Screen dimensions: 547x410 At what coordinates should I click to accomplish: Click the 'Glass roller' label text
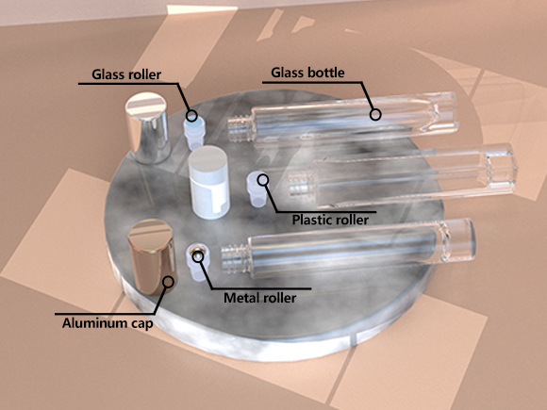[x=126, y=74]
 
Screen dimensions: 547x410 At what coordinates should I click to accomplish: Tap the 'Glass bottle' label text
[x=307, y=73]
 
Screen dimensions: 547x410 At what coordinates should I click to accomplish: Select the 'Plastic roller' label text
[x=330, y=220]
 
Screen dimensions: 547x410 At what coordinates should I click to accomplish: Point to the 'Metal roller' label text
[x=260, y=298]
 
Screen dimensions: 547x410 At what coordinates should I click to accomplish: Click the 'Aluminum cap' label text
[x=108, y=323]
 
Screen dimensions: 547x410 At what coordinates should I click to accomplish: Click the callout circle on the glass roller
[x=191, y=115]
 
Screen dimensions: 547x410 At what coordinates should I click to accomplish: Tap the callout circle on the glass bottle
[x=375, y=114]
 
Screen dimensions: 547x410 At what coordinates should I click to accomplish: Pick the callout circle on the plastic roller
[x=263, y=180]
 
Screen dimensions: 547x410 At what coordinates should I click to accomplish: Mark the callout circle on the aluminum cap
[x=169, y=282]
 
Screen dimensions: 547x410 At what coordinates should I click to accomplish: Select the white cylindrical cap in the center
[x=208, y=182]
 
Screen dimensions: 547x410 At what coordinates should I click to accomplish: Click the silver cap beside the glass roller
[x=148, y=127]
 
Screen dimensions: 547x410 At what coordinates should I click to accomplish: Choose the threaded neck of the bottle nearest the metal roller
[x=236, y=258]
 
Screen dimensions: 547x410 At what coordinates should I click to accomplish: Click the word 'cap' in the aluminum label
[x=142, y=324]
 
